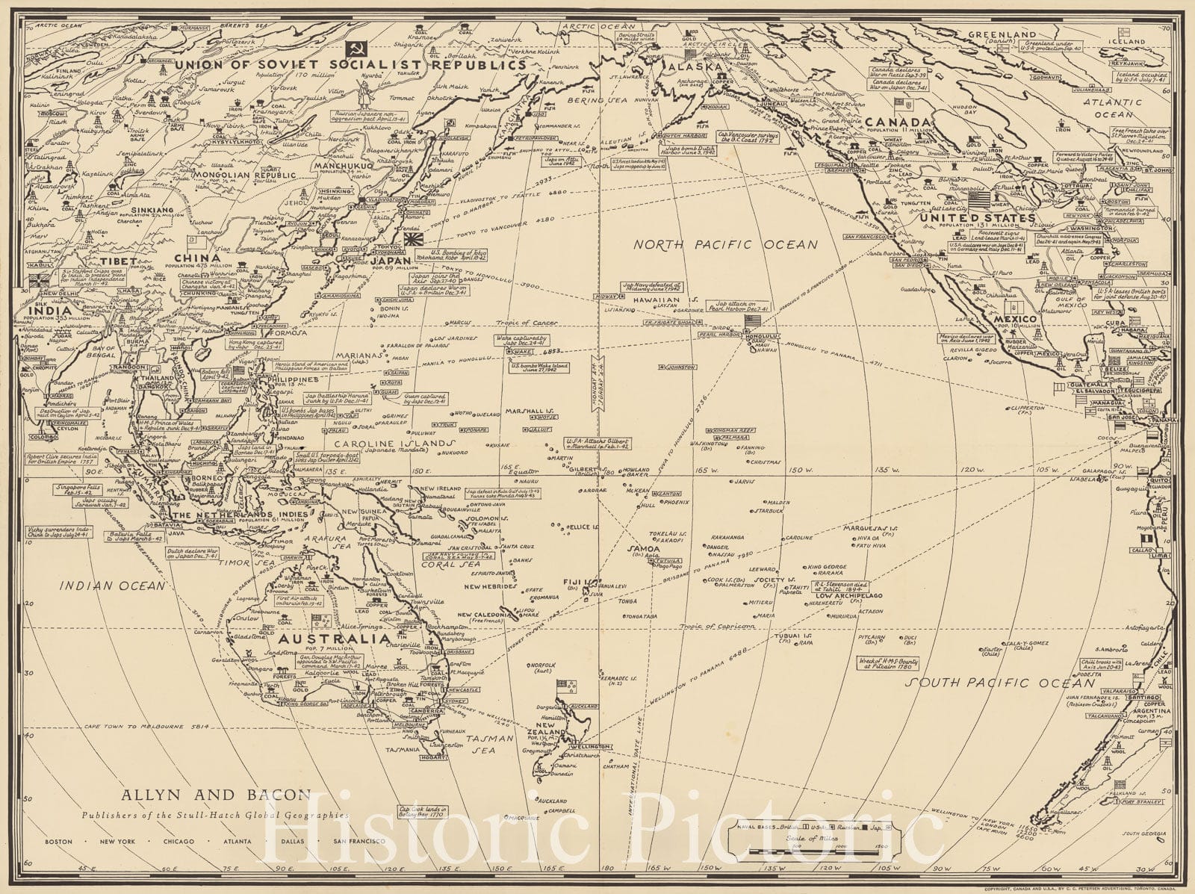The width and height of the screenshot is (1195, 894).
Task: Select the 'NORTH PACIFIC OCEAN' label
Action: coord(725,244)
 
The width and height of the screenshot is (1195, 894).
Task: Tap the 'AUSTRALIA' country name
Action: coord(334,640)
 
